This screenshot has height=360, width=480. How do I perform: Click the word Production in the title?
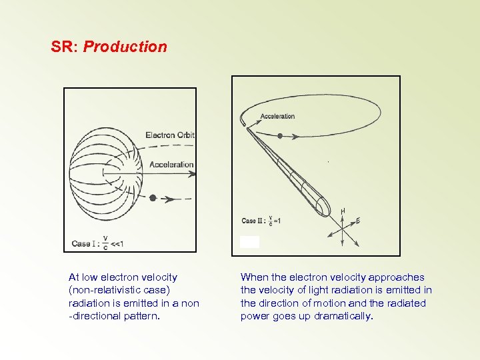coord(125,47)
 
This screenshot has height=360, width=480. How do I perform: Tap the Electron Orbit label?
coord(170,135)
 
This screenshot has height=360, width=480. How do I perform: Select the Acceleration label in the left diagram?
coord(171,165)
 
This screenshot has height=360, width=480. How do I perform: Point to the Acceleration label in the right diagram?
coord(277,117)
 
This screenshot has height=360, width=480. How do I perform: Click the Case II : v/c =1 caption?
coord(261,221)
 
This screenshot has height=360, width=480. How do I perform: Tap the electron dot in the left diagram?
coord(153,198)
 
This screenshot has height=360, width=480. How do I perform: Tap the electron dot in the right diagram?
coord(280,136)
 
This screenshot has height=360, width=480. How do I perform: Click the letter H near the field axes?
coord(343,211)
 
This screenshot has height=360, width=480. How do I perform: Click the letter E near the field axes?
coord(358,221)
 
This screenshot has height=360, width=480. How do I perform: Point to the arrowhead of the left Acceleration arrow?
coord(193,174)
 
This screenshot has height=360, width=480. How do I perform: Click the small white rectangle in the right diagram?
coord(250,242)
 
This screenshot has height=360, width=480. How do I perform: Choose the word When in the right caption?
coord(253,277)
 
